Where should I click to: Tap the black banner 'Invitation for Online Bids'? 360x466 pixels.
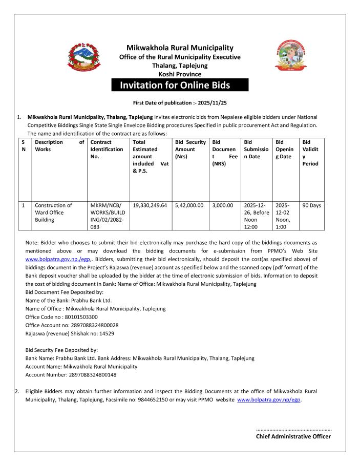click(180, 85)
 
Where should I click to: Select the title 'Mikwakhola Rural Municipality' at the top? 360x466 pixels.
click(180, 48)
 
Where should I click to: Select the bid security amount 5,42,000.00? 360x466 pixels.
click(190, 205)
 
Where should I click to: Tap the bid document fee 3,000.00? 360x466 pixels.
click(222, 205)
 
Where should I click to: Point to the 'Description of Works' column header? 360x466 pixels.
click(58, 145)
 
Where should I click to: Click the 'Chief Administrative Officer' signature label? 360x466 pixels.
click(293, 436)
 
